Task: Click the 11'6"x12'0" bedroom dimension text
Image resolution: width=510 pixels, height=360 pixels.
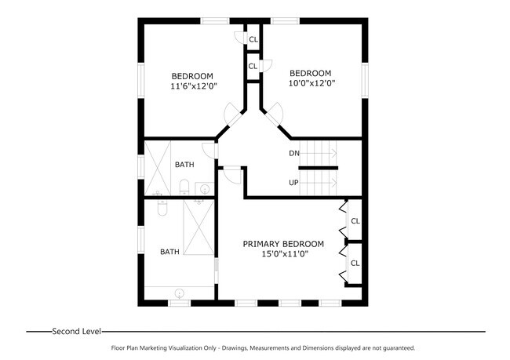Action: pos(194,86)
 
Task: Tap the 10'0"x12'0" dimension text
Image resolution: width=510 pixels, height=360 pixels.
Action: pos(311,84)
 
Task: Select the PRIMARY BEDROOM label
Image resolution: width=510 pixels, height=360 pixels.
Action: pos(282,244)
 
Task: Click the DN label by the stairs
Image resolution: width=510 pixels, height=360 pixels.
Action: pos(294,153)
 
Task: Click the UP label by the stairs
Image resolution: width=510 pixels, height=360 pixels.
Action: pos(294,183)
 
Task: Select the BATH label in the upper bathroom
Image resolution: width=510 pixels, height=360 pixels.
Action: pos(184,165)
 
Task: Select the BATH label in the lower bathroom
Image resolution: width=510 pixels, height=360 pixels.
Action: pos(169,252)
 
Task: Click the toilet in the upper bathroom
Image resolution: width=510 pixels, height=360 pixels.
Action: pos(184,187)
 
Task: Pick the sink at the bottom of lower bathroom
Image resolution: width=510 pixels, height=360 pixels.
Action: pos(180,293)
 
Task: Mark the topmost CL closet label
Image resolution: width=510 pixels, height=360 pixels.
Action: pos(253,40)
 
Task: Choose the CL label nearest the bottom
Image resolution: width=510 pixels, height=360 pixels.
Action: pos(355,263)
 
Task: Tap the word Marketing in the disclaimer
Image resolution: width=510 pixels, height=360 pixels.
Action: pos(156,347)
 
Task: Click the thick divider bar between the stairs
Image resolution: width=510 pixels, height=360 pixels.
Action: pos(321,168)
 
